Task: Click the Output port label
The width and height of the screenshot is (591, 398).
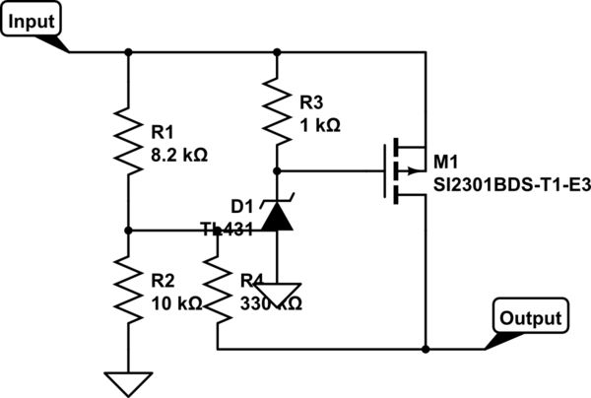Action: [x=530, y=318]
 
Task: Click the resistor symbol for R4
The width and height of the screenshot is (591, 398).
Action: [x=218, y=291]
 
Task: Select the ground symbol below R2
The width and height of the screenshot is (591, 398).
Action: [x=129, y=381]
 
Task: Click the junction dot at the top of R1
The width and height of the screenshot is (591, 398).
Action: [x=129, y=51]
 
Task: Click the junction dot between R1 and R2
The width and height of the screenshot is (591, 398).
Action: [x=129, y=230]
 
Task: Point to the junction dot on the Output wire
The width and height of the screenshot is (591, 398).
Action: [x=426, y=349]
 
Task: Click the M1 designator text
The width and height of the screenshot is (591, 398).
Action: [x=445, y=161]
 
